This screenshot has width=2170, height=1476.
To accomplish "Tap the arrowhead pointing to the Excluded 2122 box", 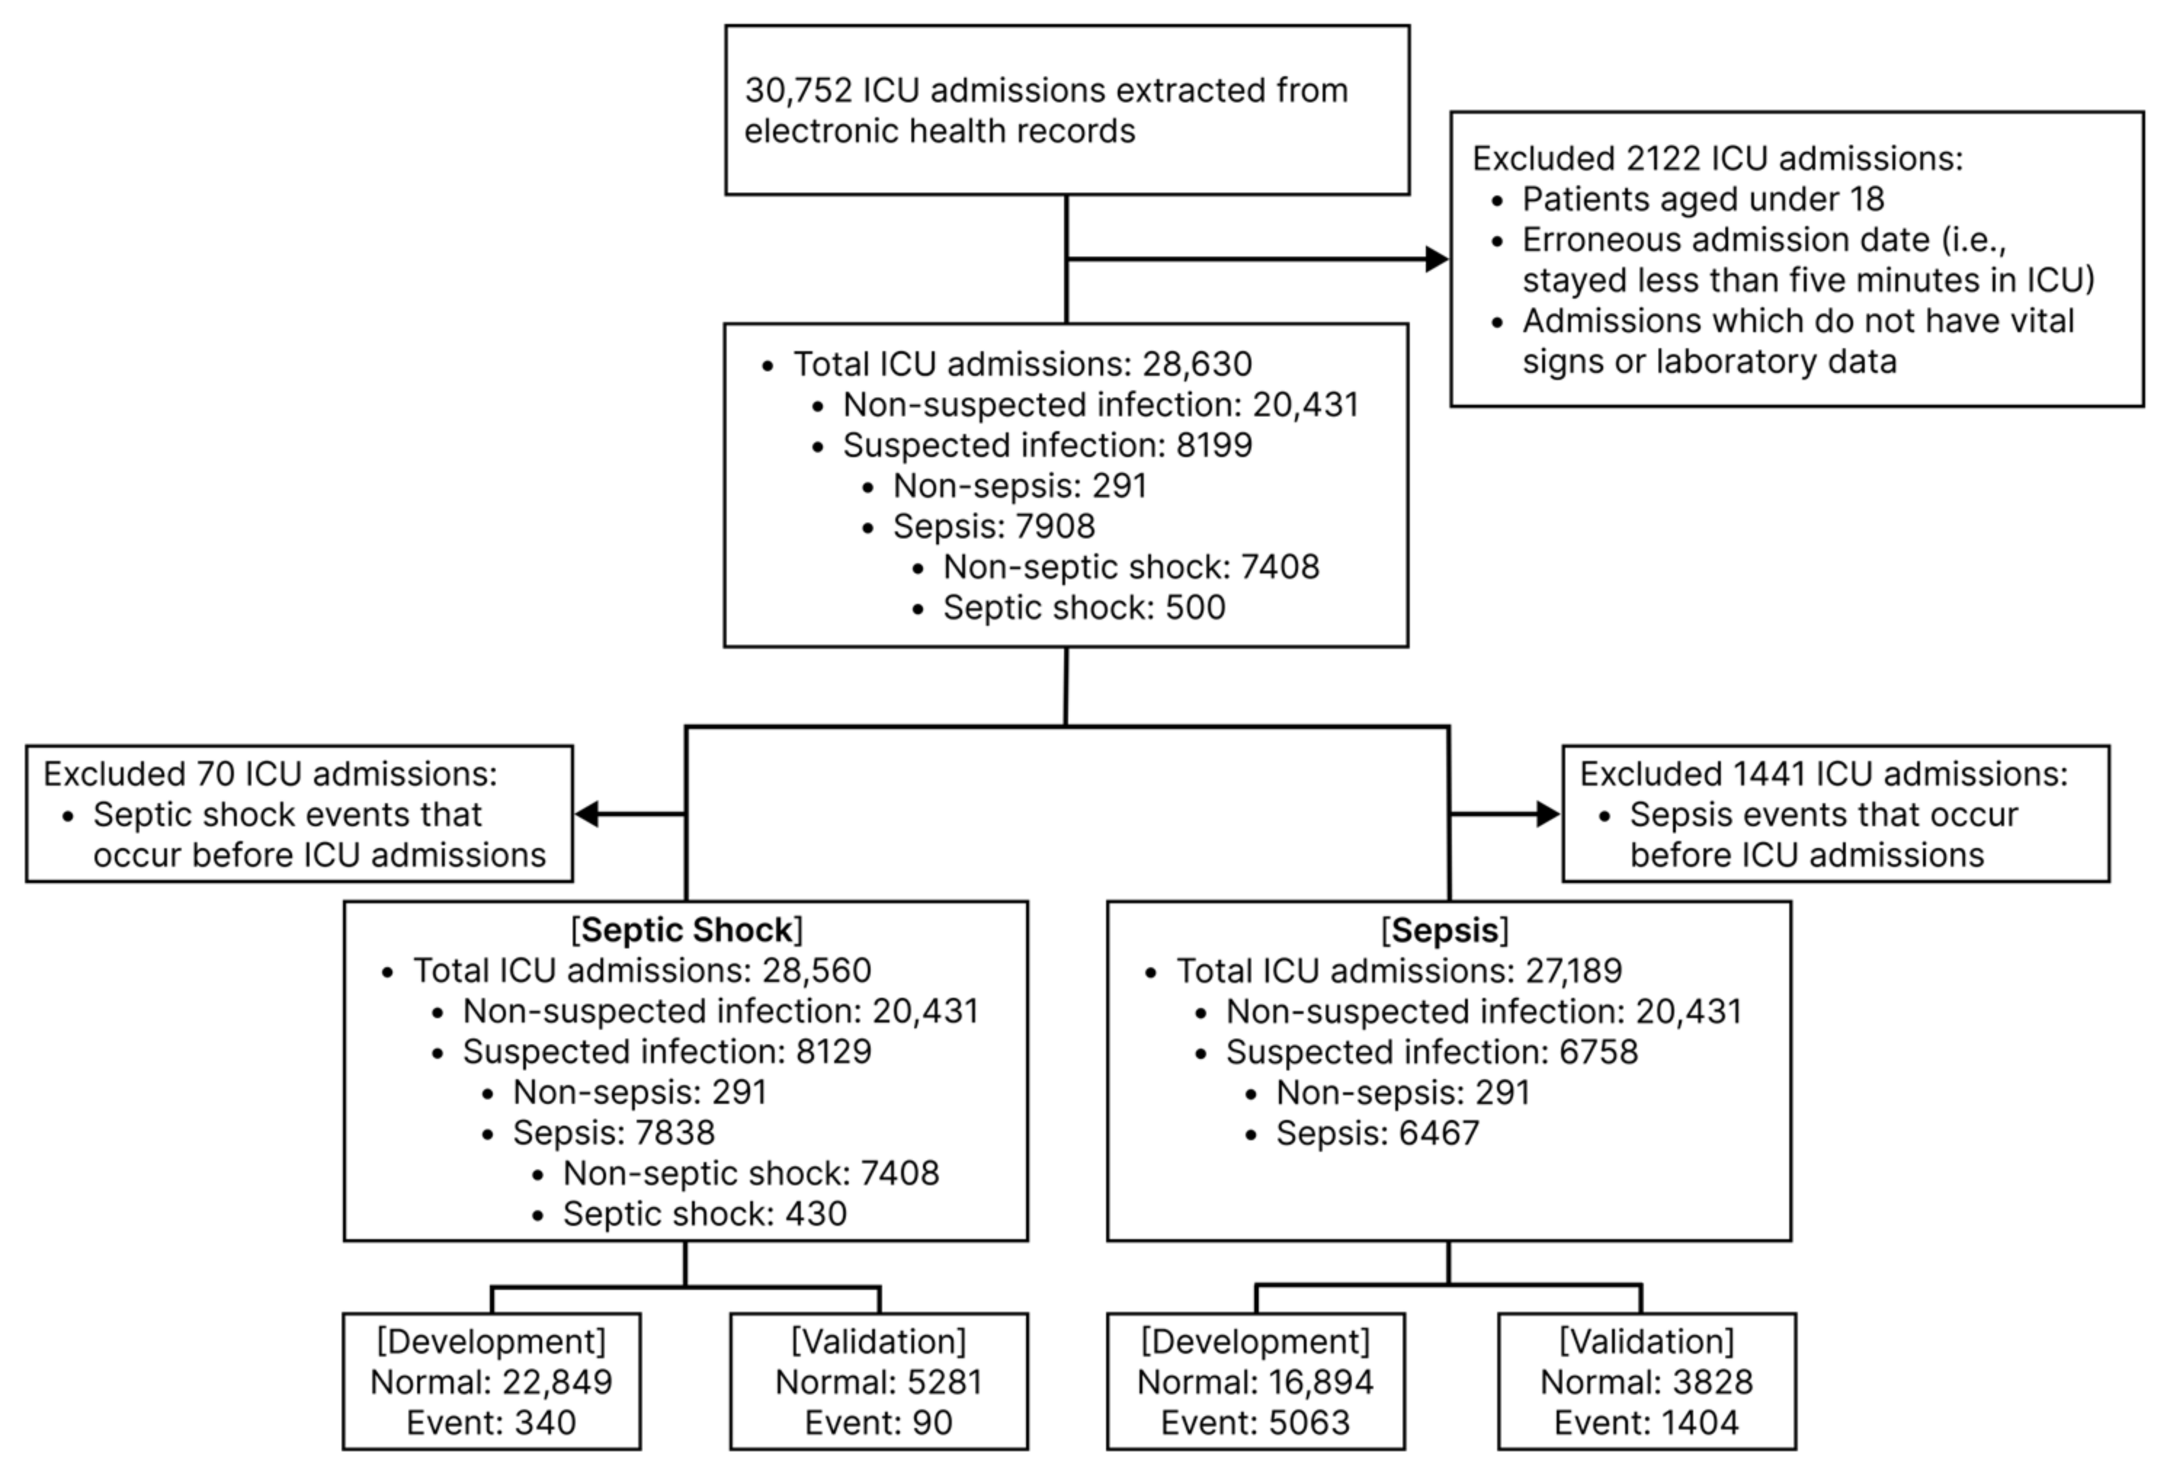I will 1436,259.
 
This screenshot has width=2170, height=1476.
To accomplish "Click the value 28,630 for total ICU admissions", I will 1196,364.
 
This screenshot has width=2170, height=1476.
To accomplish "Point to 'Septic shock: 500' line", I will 1083,608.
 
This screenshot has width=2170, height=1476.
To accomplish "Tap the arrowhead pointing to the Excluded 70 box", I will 587,814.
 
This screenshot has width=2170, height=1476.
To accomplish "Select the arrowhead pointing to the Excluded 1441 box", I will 1547,814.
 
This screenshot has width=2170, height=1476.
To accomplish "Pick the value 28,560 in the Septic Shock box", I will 816,971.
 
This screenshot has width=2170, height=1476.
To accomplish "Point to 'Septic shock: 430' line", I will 704,1214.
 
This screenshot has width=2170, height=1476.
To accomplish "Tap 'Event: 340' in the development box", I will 491,1423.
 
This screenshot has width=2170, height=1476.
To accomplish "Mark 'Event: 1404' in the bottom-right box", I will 1646,1423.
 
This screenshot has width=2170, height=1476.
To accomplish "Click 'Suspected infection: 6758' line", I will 1432,1052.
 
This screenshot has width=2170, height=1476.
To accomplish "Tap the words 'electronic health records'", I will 940,132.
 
